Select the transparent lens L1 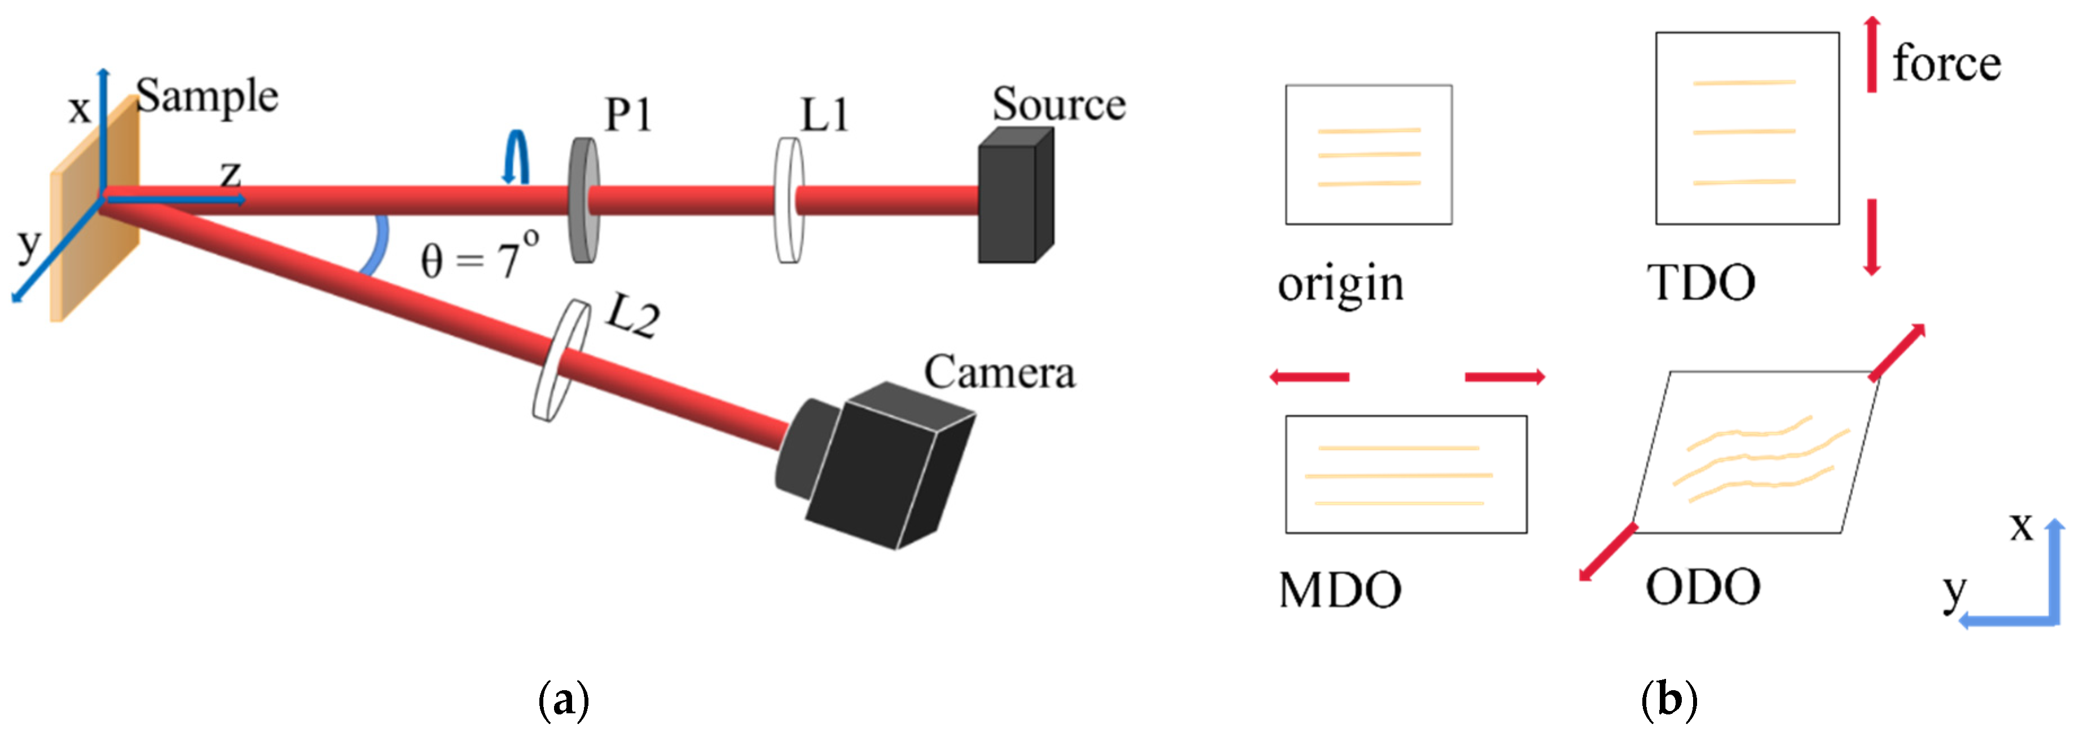pyautogui.click(x=789, y=201)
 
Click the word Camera pyautogui.click(x=999, y=372)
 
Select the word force pyautogui.click(x=1946, y=64)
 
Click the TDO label pyautogui.click(x=1700, y=283)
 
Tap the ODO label pyautogui.click(x=1703, y=587)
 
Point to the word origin pyautogui.click(x=1340, y=285)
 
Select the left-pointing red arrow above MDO pyautogui.click(x=1309, y=376)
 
